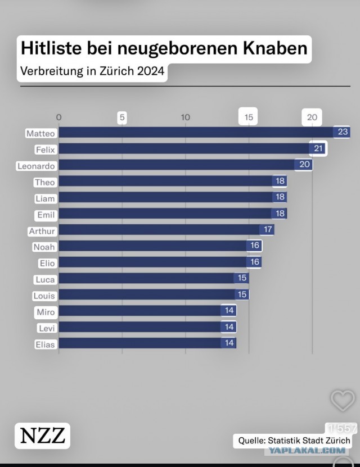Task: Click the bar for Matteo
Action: [x=204, y=132]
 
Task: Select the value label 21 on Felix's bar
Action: [x=318, y=148]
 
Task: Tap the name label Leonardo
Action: [x=36, y=166]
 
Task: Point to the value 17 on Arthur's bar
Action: [x=268, y=229]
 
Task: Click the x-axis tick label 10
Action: [x=186, y=117]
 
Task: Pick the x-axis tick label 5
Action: [x=122, y=117]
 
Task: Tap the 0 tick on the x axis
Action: [x=58, y=117]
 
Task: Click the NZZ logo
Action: [x=42, y=436]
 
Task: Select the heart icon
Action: [x=343, y=400]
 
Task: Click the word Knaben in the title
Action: [x=274, y=48]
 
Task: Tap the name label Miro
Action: [x=46, y=312]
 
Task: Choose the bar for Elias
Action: [x=147, y=343]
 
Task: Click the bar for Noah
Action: [x=160, y=246]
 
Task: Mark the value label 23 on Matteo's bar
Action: [x=343, y=132]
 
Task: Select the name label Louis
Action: [x=44, y=296]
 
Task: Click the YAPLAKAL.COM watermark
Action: [x=307, y=450]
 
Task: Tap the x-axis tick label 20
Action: [x=312, y=117]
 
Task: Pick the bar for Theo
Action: [x=173, y=181]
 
